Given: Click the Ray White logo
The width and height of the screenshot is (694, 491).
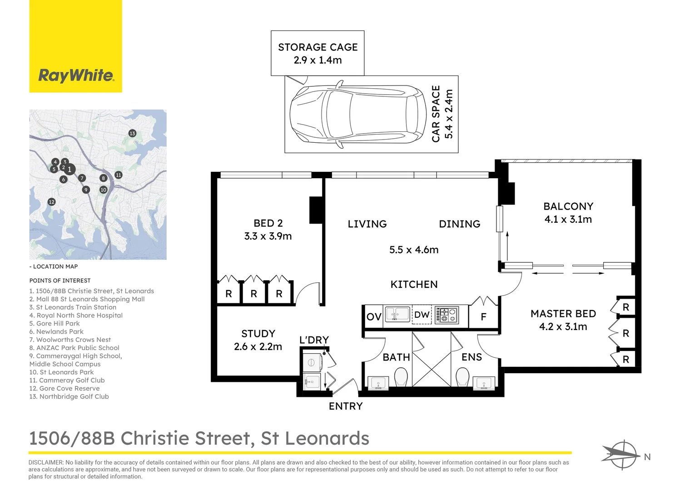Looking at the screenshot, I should (x=75, y=75).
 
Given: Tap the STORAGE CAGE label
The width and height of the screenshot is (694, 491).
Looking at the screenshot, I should (x=317, y=47).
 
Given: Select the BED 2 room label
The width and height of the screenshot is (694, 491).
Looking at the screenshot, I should (x=268, y=223).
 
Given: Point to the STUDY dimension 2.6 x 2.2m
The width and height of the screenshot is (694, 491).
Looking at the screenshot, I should (x=258, y=347).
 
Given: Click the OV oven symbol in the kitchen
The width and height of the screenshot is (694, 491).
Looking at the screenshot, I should (x=374, y=316).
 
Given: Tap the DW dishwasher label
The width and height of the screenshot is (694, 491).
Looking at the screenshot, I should (x=422, y=315).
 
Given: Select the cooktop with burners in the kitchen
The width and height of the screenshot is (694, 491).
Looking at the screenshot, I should (x=447, y=315).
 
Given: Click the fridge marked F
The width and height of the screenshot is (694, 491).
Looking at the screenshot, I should (x=483, y=316).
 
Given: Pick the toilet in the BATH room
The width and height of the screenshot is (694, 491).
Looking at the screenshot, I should (x=401, y=377).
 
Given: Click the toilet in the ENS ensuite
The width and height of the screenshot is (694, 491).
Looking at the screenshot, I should (x=462, y=377).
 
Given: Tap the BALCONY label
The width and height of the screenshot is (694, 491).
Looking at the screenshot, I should (x=568, y=206).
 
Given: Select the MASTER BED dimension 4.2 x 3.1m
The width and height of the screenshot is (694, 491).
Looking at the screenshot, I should (x=563, y=327).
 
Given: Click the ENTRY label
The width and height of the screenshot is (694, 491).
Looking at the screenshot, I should (x=346, y=406).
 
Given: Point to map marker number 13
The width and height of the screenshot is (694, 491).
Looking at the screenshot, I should (x=132, y=133).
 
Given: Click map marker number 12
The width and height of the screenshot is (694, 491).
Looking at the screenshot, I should (x=51, y=202).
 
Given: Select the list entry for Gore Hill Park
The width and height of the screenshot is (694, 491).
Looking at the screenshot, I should (x=58, y=324).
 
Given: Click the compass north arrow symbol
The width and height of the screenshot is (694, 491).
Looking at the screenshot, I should (x=620, y=454).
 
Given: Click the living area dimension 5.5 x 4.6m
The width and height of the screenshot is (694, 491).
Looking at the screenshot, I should (x=414, y=250).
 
